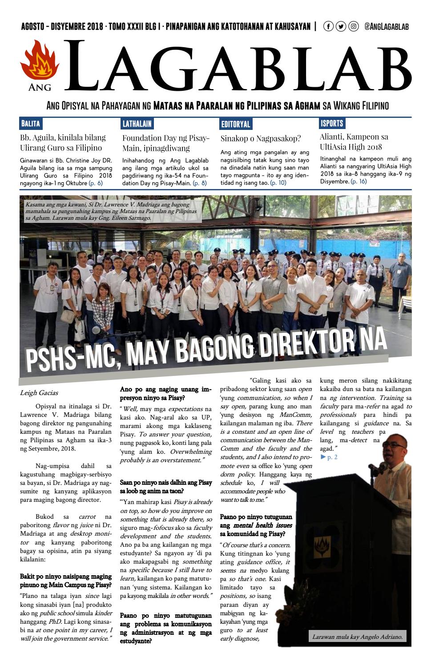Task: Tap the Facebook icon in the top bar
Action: point(328,27)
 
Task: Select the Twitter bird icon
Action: point(341,27)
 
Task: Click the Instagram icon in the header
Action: point(354,27)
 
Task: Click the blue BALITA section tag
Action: point(30,124)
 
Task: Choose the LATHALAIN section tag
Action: point(137,124)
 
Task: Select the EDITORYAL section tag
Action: point(236,124)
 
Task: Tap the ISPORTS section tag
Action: point(332,123)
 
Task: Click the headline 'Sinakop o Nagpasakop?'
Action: point(261,138)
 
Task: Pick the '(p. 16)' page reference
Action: point(358,182)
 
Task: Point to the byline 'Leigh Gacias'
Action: point(39,393)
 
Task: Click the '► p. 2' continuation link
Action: point(329,457)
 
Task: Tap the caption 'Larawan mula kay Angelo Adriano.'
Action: point(357,637)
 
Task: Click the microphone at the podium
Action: point(372,468)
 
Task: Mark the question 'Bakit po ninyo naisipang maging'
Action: point(65,577)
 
